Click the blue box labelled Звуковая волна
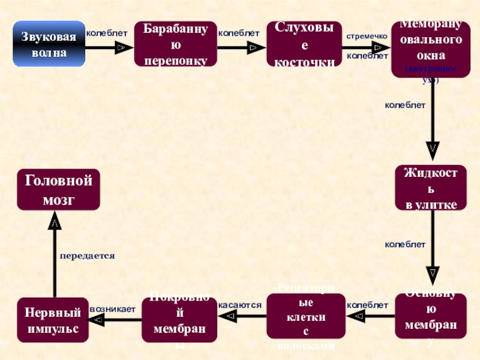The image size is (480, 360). pyautogui.click(x=49, y=44)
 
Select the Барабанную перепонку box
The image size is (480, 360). pyautogui.click(x=172, y=44)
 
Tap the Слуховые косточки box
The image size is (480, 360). pyautogui.click(x=304, y=44)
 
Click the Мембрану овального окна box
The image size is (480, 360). pyautogui.click(x=431, y=48)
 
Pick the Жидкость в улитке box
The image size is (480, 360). pyautogui.click(x=431, y=188)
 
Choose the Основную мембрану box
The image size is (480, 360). pyautogui.click(x=431, y=315)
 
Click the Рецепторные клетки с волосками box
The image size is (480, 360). pyautogui.click(x=306, y=315)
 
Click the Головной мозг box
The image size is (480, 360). pyautogui.click(x=58, y=190)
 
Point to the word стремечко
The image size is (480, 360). pyautogui.click(x=367, y=36)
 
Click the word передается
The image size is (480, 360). pyautogui.click(x=87, y=256)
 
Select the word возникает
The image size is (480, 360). pyautogui.click(x=112, y=308)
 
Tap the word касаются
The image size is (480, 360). pyautogui.click(x=240, y=305)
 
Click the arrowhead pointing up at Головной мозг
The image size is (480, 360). pyautogui.click(x=54, y=223)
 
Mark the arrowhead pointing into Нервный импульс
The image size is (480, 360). pyautogui.click(x=96, y=321)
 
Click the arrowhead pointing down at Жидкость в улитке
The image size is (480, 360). pyautogui.click(x=433, y=147)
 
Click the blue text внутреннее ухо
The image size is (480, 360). pyautogui.click(x=431, y=74)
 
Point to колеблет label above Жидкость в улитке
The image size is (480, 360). pyautogui.click(x=405, y=105)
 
